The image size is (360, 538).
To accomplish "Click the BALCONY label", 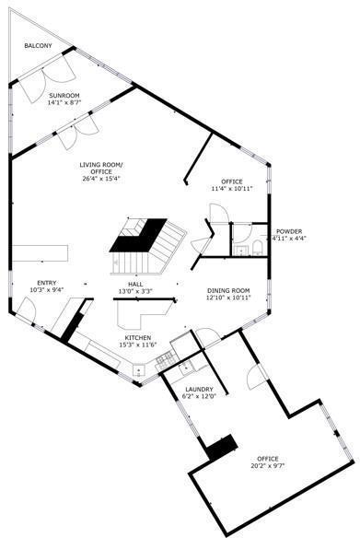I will tap(38, 45).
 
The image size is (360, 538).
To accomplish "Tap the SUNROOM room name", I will tap(64, 95).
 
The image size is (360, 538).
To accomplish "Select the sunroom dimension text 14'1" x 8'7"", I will tap(64, 102).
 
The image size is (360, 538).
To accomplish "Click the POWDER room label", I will tap(288, 231).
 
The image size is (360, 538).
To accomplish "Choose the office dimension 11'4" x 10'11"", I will tap(230, 189).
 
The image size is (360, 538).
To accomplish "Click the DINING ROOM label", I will tap(228, 290).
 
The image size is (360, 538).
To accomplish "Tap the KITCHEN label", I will tap(139, 338).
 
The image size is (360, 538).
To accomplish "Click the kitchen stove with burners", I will tap(140, 370).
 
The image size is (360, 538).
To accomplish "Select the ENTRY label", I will tap(46, 283).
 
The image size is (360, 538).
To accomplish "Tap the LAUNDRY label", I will tap(200, 390).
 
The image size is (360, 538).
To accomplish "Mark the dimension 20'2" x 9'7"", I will tap(268, 466).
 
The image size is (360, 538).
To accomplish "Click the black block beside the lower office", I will tap(221, 449).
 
